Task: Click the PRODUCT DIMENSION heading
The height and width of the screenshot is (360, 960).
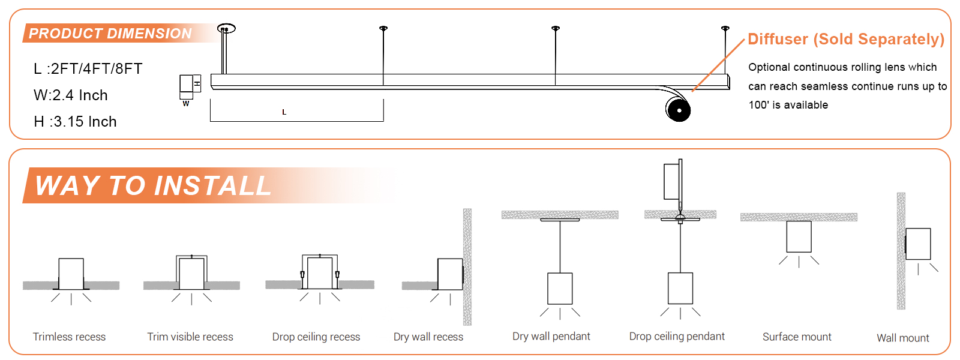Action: tap(110, 34)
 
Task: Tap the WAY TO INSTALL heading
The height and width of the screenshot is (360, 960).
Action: tap(153, 185)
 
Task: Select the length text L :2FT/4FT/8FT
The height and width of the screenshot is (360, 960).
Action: tap(88, 69)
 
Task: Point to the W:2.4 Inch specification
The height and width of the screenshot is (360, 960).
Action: tap(71, 95)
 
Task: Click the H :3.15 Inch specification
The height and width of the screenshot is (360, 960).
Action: tap(75, 122)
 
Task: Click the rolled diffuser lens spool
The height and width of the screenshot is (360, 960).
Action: tap(679, 110)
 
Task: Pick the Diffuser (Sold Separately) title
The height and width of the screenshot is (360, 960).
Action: tap(845, 40)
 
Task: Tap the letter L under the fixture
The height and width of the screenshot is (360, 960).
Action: tap(284, 112)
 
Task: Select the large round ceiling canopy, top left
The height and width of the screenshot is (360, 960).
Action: tap(226, 28)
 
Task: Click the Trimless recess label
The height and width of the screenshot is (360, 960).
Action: tap(69, 337)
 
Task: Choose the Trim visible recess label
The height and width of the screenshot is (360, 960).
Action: tap(190, 337)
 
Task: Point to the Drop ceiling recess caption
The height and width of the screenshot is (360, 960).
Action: tap(316, 337)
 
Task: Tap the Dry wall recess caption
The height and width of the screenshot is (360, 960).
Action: tap(428, 337)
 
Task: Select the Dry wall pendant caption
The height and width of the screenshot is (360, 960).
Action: tap(551, 337)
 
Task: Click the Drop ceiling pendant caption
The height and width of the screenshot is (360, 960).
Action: tap(677, 337)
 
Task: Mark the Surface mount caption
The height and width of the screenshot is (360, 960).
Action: tap(797, 337)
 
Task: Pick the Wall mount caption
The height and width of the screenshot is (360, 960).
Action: tap(902, 338)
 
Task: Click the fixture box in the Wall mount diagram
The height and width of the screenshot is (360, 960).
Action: tap(918, 244)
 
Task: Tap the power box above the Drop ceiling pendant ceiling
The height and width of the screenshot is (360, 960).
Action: tap(671, 181)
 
